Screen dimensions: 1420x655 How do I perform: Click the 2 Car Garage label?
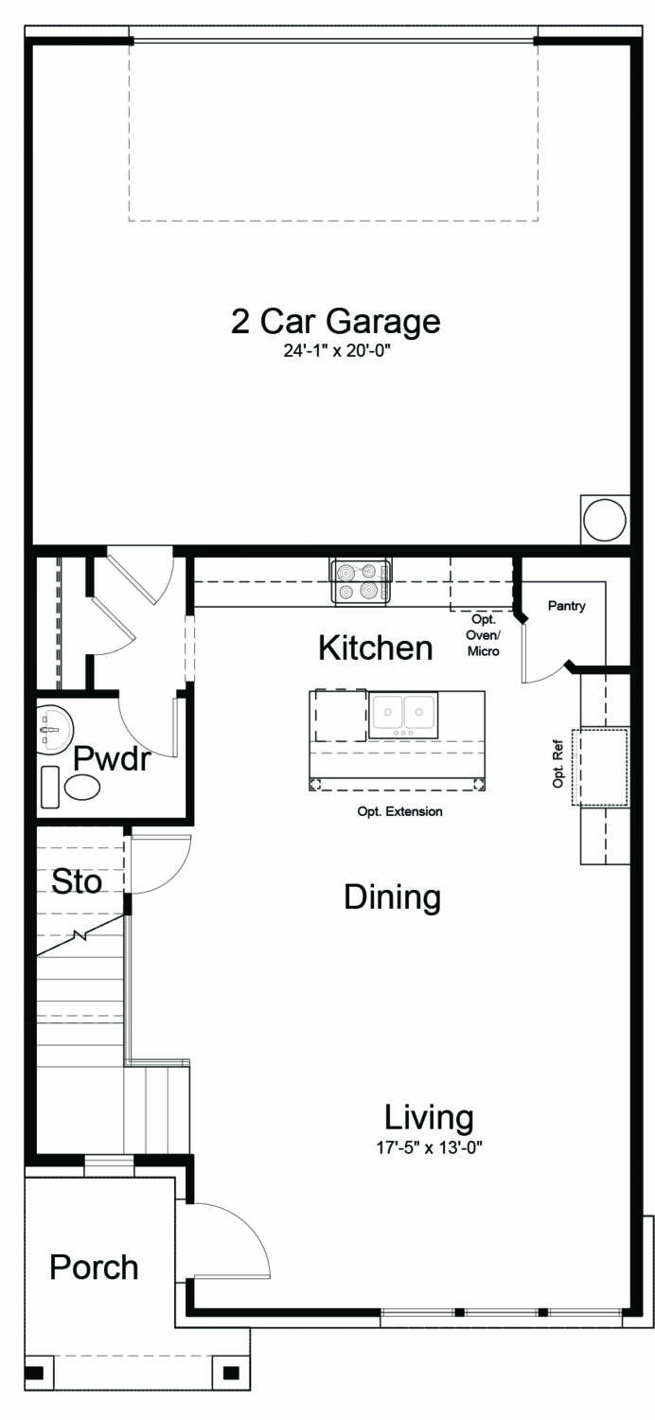point(335,322)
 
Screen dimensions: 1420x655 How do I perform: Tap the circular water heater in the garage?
point(604,520)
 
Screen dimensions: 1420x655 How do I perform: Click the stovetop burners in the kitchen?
point(361,581)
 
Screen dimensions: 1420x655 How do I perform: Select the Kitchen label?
point(375,649)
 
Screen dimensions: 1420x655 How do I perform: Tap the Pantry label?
point(567,606)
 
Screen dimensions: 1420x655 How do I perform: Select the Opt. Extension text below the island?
point(399,811)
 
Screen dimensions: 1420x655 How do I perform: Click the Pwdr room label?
point(112,758)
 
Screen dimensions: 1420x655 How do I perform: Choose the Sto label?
point(77,882)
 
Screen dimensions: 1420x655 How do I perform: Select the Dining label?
point(392,897)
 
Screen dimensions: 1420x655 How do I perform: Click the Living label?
point(429,1118)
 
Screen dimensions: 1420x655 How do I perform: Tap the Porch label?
point(94,1267)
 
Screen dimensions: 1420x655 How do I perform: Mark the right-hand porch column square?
point(231,1372)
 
